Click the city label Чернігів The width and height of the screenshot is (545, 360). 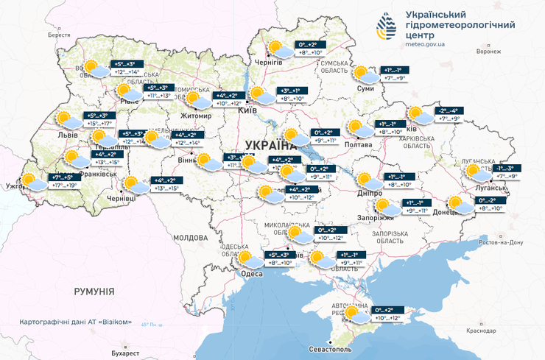click(x=269, y=63)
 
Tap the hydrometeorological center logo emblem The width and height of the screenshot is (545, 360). click(x=387, y=29)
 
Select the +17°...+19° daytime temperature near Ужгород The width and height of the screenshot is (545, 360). click(x=63, y=186)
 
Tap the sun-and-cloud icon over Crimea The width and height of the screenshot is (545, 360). click(x=356, y=314)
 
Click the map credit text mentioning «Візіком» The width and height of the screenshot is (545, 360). click(x=76, y=322)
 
